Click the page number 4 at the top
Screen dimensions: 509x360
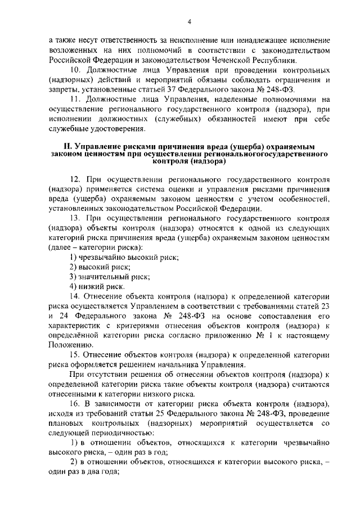190,21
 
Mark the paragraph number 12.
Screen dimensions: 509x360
75,178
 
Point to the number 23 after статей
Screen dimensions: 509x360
322,306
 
